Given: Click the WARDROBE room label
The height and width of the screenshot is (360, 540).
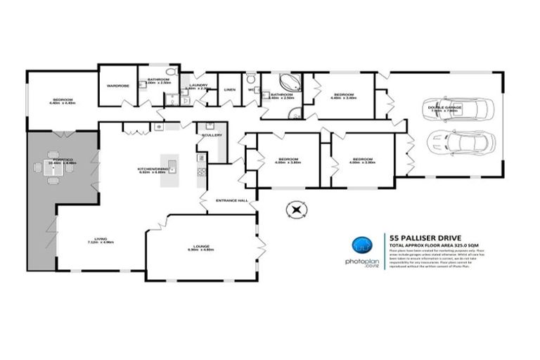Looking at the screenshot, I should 117,86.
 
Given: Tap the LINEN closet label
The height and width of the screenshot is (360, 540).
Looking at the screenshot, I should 230,90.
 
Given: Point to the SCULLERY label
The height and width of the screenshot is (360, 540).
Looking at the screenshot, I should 212,135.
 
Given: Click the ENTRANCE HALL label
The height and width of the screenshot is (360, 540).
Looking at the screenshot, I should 231,200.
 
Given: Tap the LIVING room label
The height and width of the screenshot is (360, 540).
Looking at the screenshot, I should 101,239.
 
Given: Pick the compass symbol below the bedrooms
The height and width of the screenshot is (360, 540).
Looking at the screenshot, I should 297,210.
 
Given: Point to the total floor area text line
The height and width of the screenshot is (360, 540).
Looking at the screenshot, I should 430,244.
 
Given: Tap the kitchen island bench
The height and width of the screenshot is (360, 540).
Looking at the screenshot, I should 170,170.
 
